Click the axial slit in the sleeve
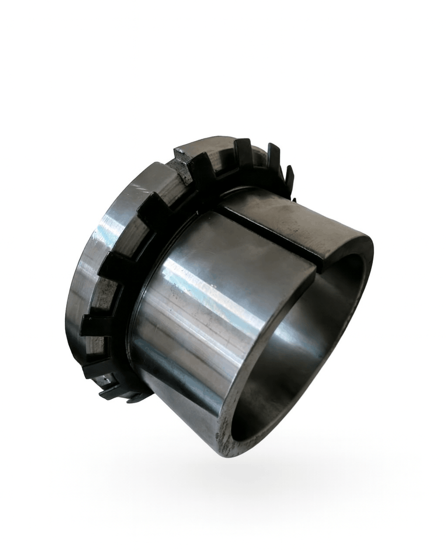[x=270, y=235]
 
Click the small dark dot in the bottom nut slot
[x=106, y=380]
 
